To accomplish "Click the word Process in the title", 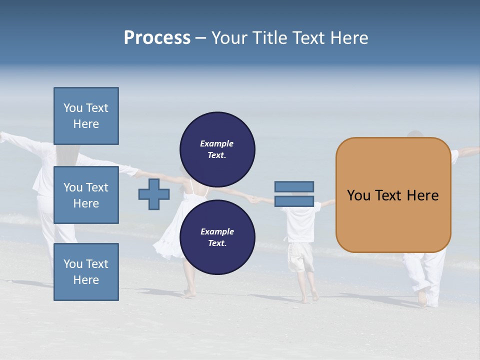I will [x=157, y=38].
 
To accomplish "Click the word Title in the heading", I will [x=268, y=38].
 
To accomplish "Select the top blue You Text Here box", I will [x=86, y=116].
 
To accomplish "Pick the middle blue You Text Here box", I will [x=86, y=195].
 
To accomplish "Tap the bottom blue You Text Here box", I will [x=86, y=271].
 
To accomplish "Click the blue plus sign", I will [x=154, y=194].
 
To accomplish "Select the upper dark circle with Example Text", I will [x=217, y=149].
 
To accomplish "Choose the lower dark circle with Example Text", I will [x=217, y=237].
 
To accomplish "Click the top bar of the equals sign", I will [x=294, y=186].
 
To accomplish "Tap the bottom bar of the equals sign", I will [x=294, y=201].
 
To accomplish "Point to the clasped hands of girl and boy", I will [x=255, y=200].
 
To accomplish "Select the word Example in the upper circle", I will [x=217, y=143].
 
